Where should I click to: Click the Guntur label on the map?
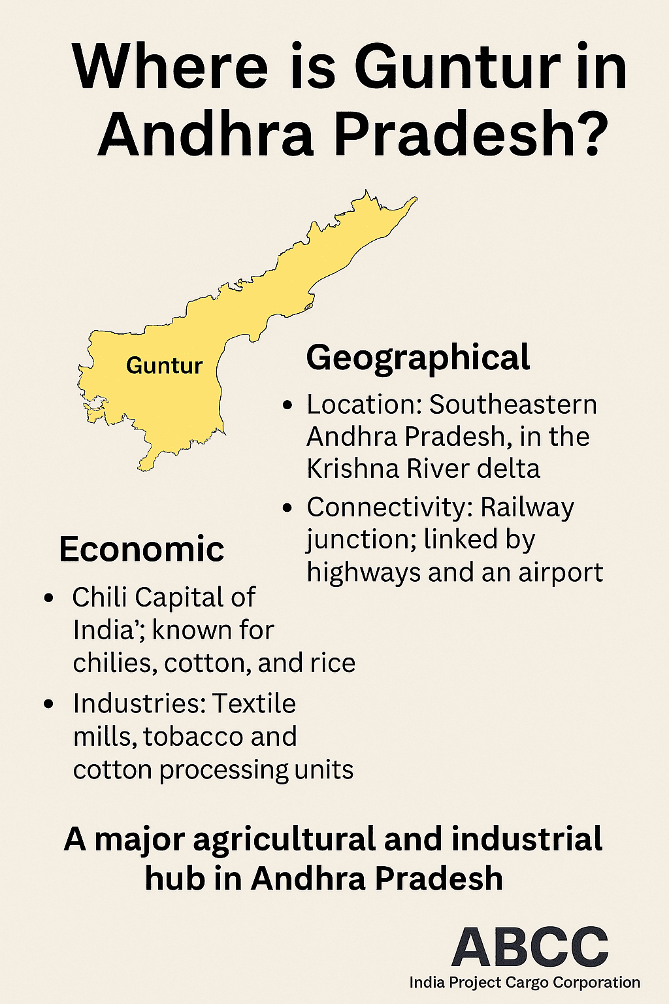pos(164,365)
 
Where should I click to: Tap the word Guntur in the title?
pos(457,67)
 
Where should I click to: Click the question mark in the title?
pos(587,134)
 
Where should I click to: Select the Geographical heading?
pos(418,358)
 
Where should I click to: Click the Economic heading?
pos(141,549)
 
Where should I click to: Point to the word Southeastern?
pos(513,405)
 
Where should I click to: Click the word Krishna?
pos(352,469)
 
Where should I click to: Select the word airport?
pos(561,573)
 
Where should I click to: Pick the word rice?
pos(334,663)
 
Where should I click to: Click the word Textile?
pos(254,703)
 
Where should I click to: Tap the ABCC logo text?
pos(530,947)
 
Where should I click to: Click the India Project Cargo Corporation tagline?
pos(525,982)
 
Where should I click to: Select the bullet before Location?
pos(287,406)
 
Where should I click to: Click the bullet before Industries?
pos(48,705)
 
